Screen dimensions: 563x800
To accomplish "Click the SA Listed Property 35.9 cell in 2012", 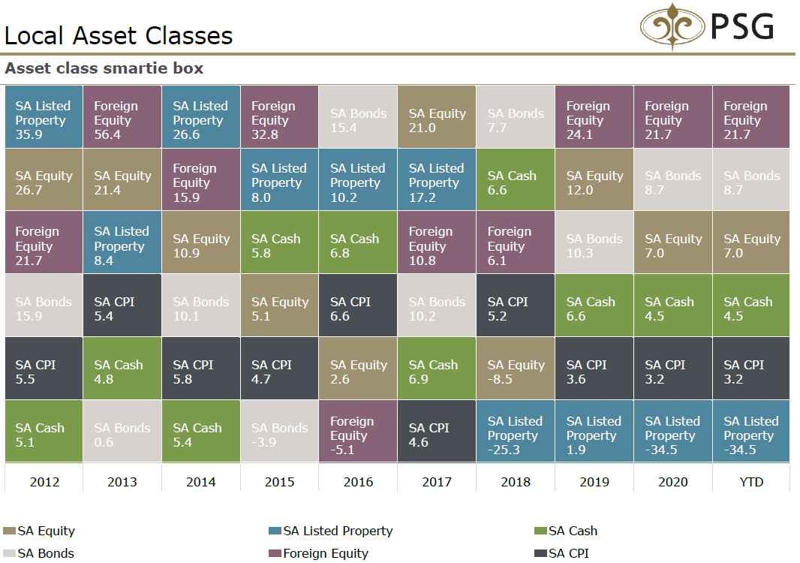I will click(x=44, y=117).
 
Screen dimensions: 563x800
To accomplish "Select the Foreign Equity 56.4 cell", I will click(x=122, y=117).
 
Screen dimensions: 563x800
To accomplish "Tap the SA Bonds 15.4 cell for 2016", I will click(x=358, y=117).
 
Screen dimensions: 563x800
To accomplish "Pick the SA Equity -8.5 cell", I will click(x=516, y=368).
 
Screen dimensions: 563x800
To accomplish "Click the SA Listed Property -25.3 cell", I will click(x=516, y=431).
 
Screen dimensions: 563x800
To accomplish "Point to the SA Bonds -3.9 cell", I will click(x=279, y=431).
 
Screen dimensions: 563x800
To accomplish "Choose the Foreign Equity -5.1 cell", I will click(x=358, y=431).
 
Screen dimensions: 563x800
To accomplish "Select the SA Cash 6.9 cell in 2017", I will click(x=437, y=368).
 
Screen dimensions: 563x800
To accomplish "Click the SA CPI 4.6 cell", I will click(x=437, y=431).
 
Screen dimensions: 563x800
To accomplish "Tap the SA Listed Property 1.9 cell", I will click(x=594, y=431).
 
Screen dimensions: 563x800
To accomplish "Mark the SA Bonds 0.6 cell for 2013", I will click(x=122, y=431).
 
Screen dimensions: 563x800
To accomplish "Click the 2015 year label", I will click(x=279, y=481).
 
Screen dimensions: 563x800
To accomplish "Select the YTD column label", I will click(x=751, y=481).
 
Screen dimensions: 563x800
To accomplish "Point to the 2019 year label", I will click(x=594, y=481).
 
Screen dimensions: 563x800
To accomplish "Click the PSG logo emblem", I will click(x=672, y=27).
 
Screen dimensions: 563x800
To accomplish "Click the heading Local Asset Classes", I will click(x=119, y=35).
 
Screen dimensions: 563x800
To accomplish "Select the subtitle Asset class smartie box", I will click(x=104, y=68).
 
